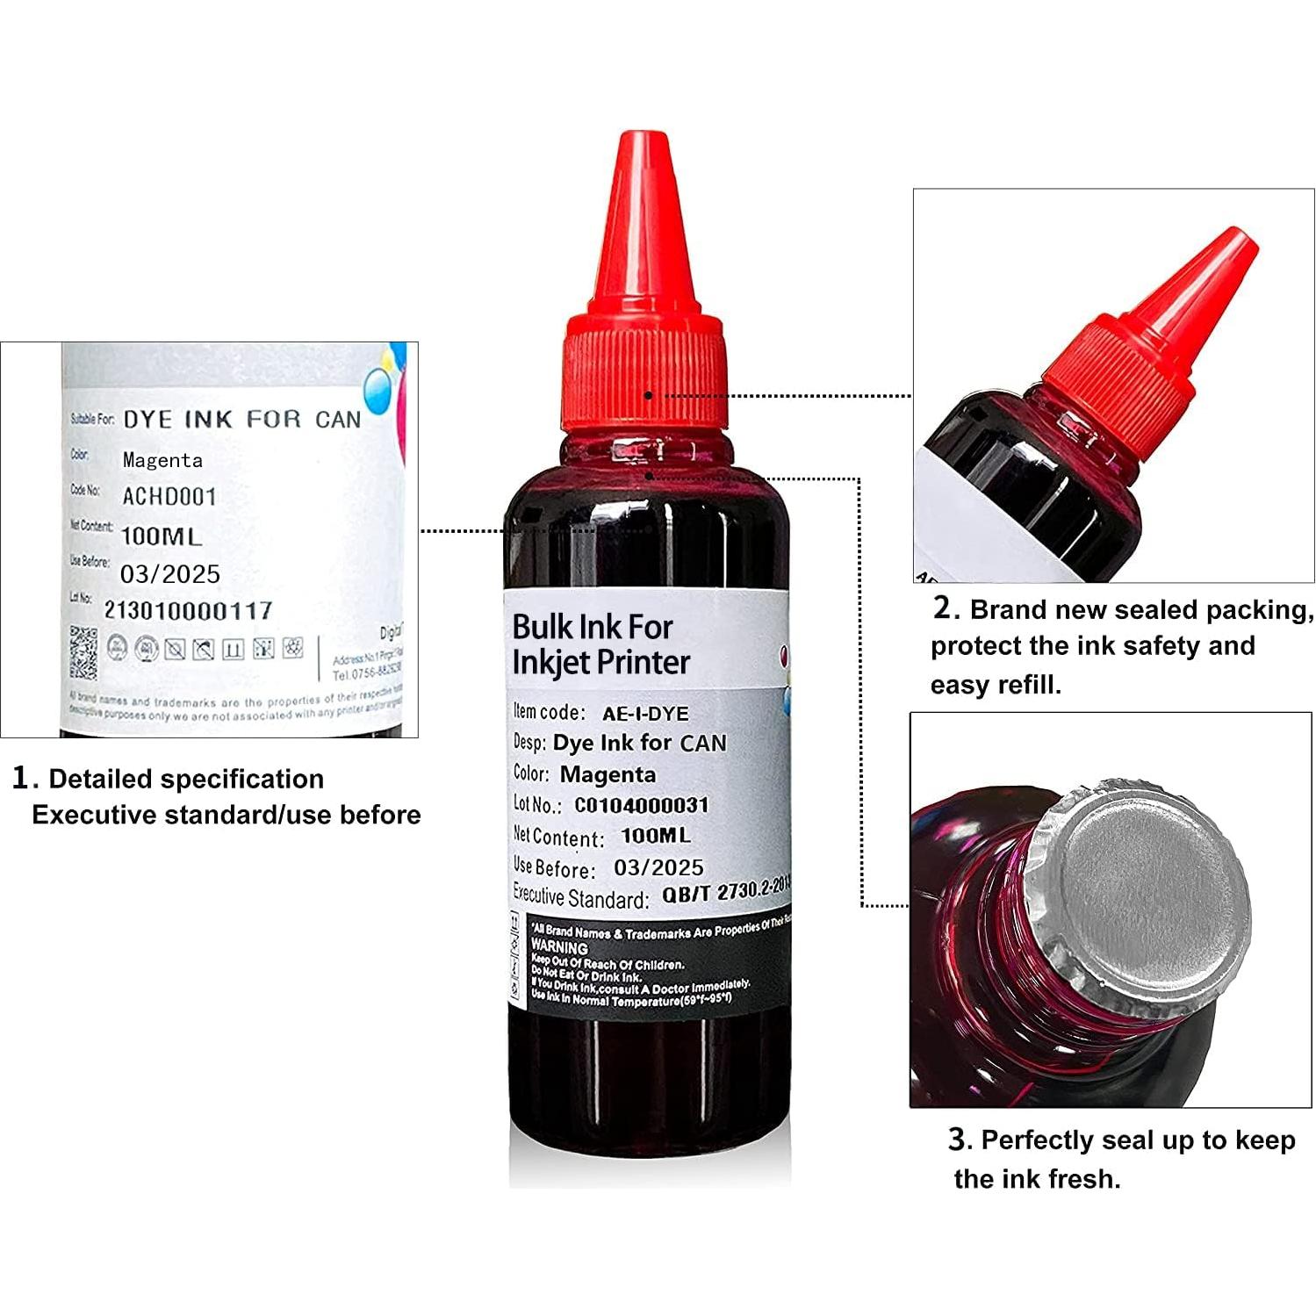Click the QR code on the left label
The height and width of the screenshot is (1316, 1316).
coord(84,652)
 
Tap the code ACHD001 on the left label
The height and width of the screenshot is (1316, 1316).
coord(169,497)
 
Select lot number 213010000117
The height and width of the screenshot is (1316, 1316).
coord(188,610)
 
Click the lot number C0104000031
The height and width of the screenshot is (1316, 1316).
coord(641,805)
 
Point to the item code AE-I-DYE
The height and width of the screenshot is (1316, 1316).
coord(645,714)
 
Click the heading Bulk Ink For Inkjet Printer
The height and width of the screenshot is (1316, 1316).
coord(600,644)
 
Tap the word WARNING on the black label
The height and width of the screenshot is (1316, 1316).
coord(559,948)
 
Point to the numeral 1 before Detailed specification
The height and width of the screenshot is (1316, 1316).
coord(22,778)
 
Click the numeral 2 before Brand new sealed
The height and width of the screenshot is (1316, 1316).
coord(942,608)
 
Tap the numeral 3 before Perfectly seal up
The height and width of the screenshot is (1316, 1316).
coord(959,1140)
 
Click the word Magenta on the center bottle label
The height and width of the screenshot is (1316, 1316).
coord(608,774)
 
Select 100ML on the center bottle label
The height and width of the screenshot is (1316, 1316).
coord(655,836)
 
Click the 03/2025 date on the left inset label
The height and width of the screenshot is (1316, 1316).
coord(170,574)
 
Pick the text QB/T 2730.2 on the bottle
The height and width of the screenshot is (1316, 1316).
coord(725,892)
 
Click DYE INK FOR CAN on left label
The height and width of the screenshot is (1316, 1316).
coord(241,420)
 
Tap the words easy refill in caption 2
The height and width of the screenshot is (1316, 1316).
coord(996,684)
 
